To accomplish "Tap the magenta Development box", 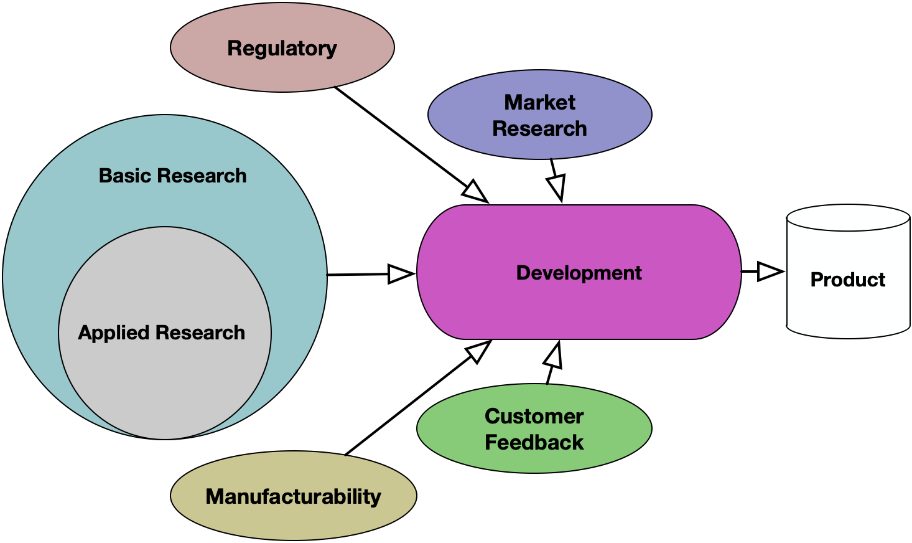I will pos(579,305).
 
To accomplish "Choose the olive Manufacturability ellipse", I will pos(293,520).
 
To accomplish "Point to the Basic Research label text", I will pos(172,176).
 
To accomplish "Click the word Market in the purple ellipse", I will pos(539,102).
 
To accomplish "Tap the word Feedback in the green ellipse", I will pos(534,442).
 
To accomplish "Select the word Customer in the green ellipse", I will pos(534,416).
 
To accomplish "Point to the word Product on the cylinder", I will pos(847,280).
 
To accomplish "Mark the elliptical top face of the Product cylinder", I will pos(848,219).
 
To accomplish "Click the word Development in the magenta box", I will pos(579,273).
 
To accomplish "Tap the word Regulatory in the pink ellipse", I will pos(282,48).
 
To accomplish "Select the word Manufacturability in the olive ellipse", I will pos(293,496).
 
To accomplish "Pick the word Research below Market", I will pos(539,128).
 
